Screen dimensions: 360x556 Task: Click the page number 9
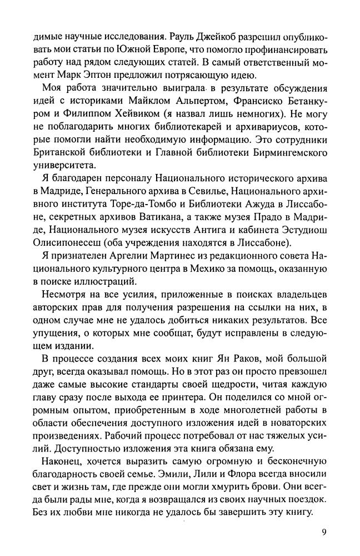tap(323, 532)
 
